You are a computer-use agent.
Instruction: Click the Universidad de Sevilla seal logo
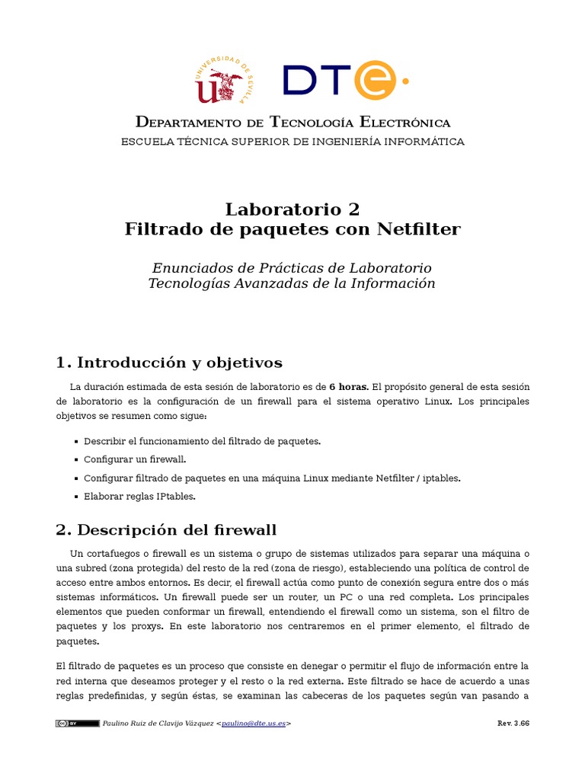point(225,80)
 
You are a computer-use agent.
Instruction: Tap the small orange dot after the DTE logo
point(404,79)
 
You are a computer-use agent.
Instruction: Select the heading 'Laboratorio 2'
point(292,209)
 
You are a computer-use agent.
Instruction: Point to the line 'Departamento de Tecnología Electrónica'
point(292,123)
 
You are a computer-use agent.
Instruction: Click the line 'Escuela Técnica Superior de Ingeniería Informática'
point(292,142)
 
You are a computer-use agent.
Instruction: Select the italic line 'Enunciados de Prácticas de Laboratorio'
point(292,268)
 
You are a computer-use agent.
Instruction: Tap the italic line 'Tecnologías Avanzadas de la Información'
point(292,283)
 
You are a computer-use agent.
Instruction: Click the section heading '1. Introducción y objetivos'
point(169,362)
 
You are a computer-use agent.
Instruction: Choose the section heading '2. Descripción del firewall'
point(167,529)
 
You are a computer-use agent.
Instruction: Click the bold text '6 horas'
point(348,387)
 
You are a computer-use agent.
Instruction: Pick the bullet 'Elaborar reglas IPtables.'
point(139,496)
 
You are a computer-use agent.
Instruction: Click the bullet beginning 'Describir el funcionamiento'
point(202,441)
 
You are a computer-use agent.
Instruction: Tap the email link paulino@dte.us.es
point(254,723)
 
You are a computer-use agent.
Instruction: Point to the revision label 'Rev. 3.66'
point(513,723)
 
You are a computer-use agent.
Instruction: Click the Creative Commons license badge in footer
point(77,723)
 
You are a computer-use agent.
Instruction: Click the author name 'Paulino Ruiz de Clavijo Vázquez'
point(158,723)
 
